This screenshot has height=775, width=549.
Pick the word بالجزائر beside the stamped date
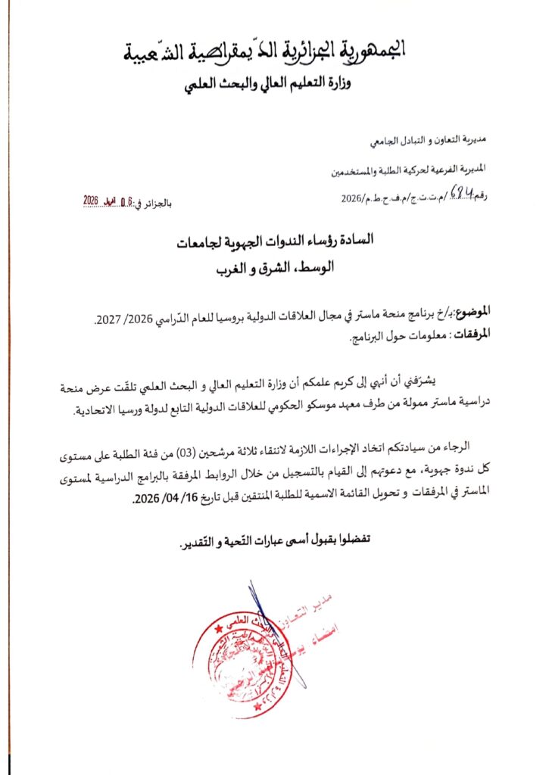(x=158, y=202)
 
